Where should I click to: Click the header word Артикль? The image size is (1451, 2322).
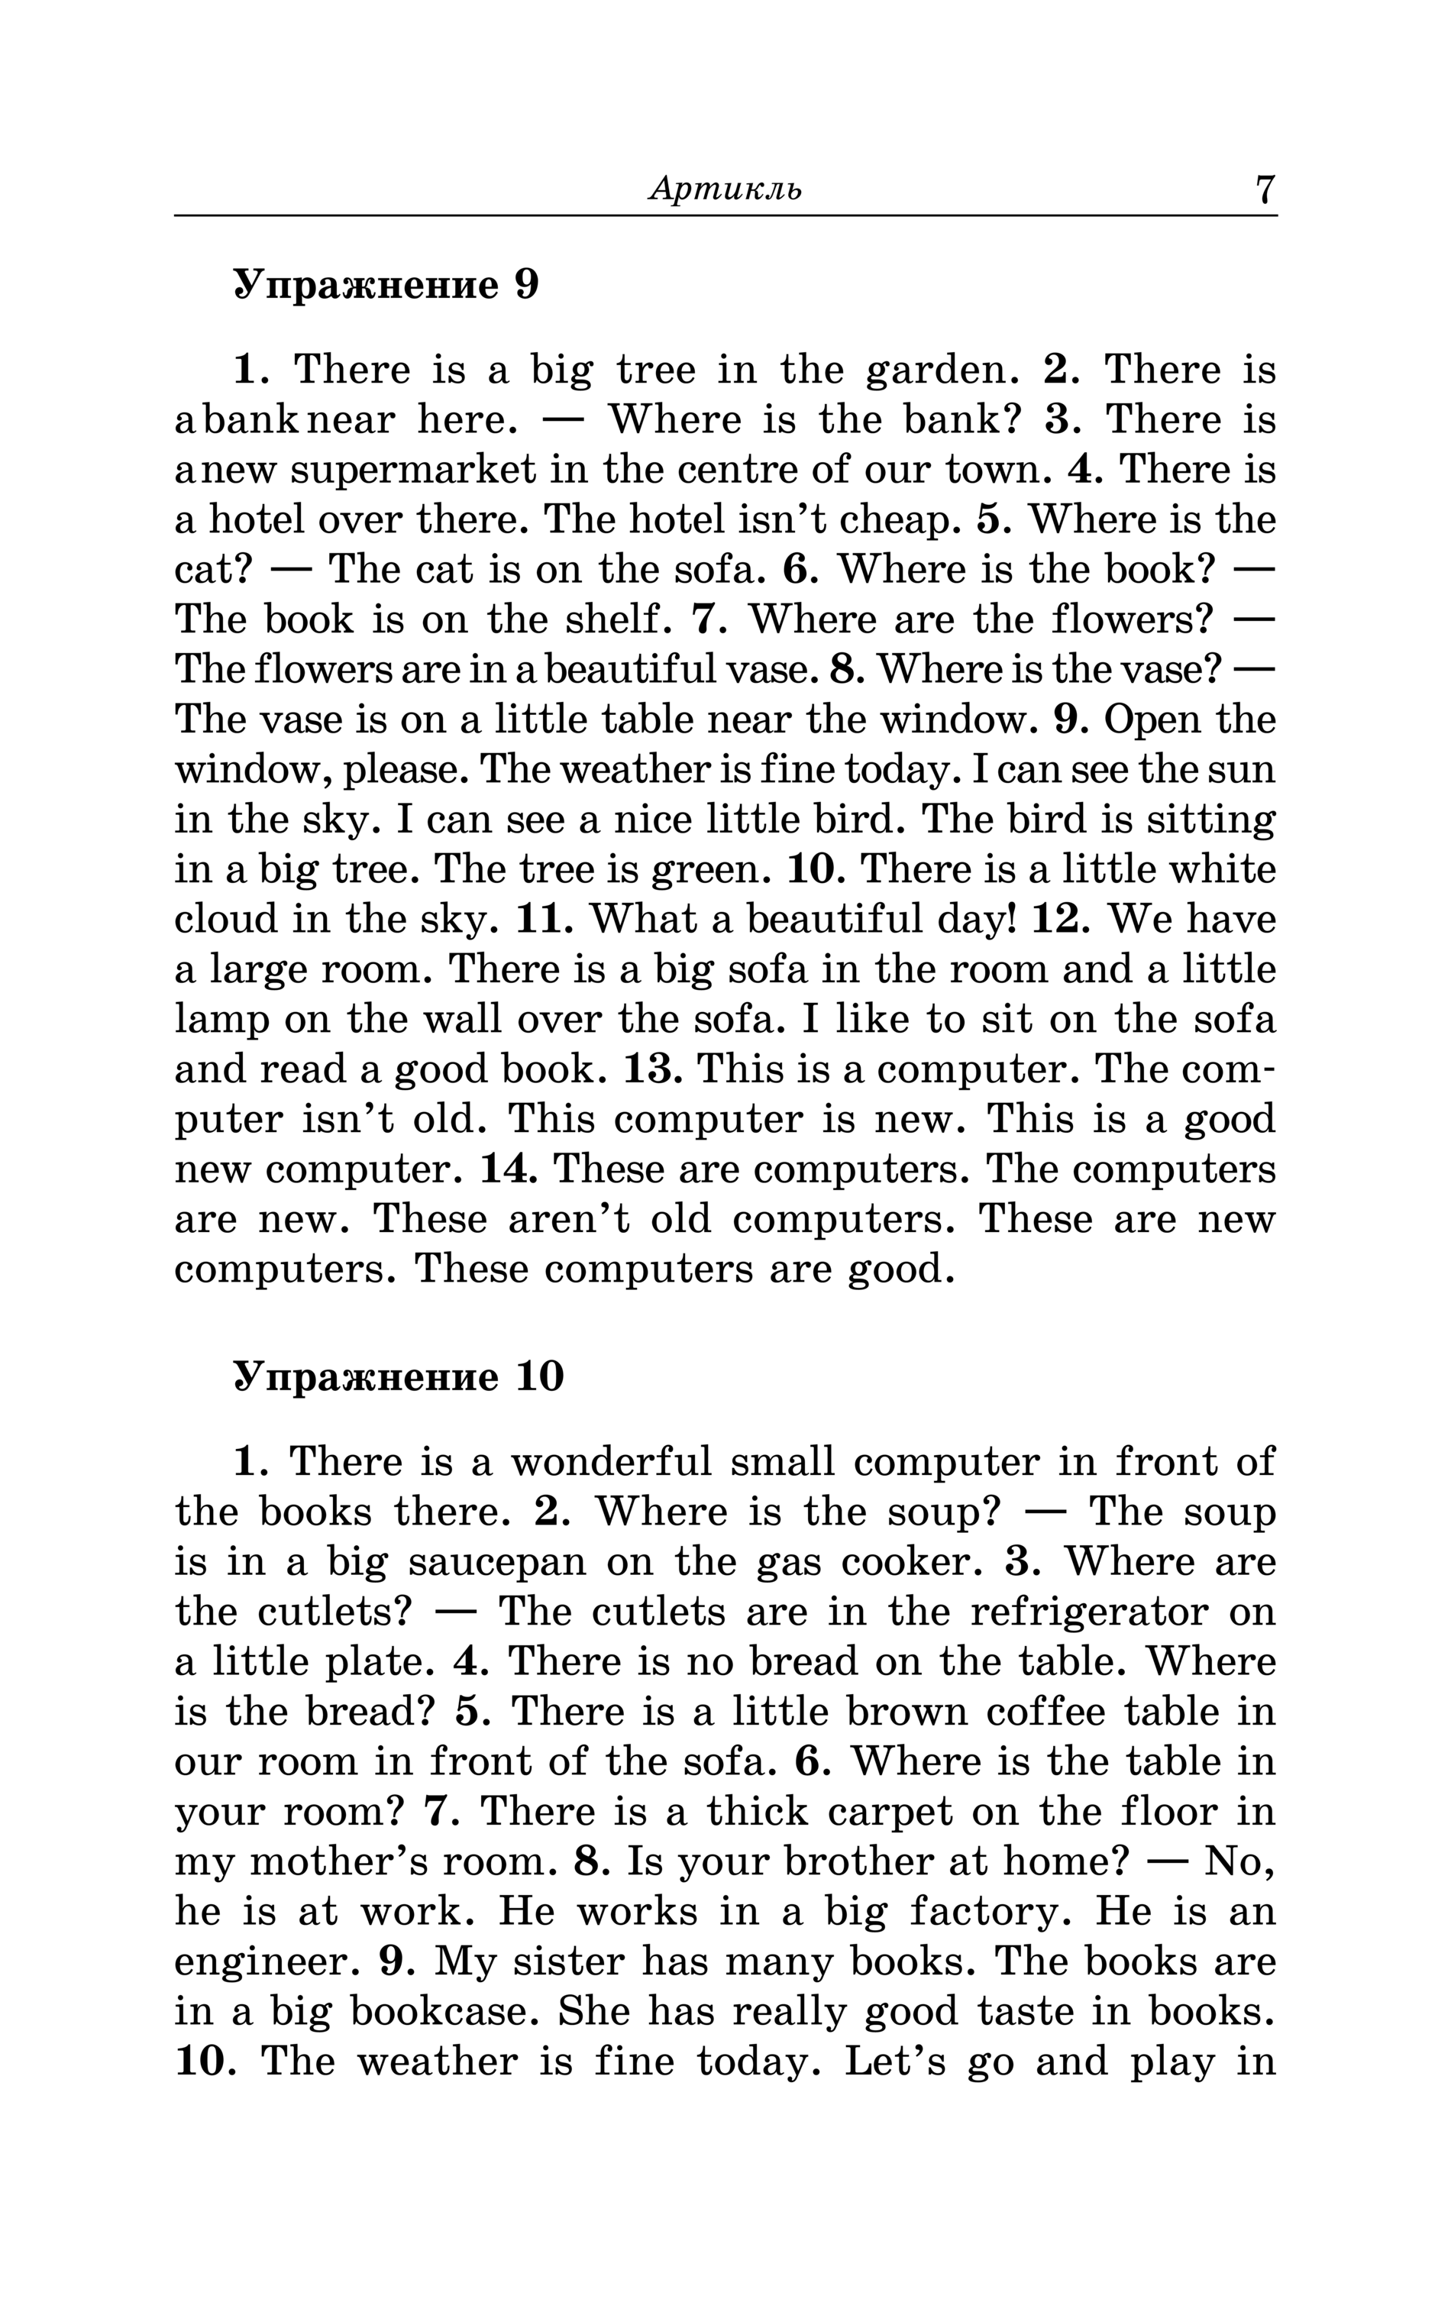725,189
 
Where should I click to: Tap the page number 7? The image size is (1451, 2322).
1264,189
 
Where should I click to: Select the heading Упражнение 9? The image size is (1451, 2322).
386,285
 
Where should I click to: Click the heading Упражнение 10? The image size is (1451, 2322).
398,1377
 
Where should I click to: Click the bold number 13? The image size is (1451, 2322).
652,1069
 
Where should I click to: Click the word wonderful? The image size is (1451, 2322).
610,1462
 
